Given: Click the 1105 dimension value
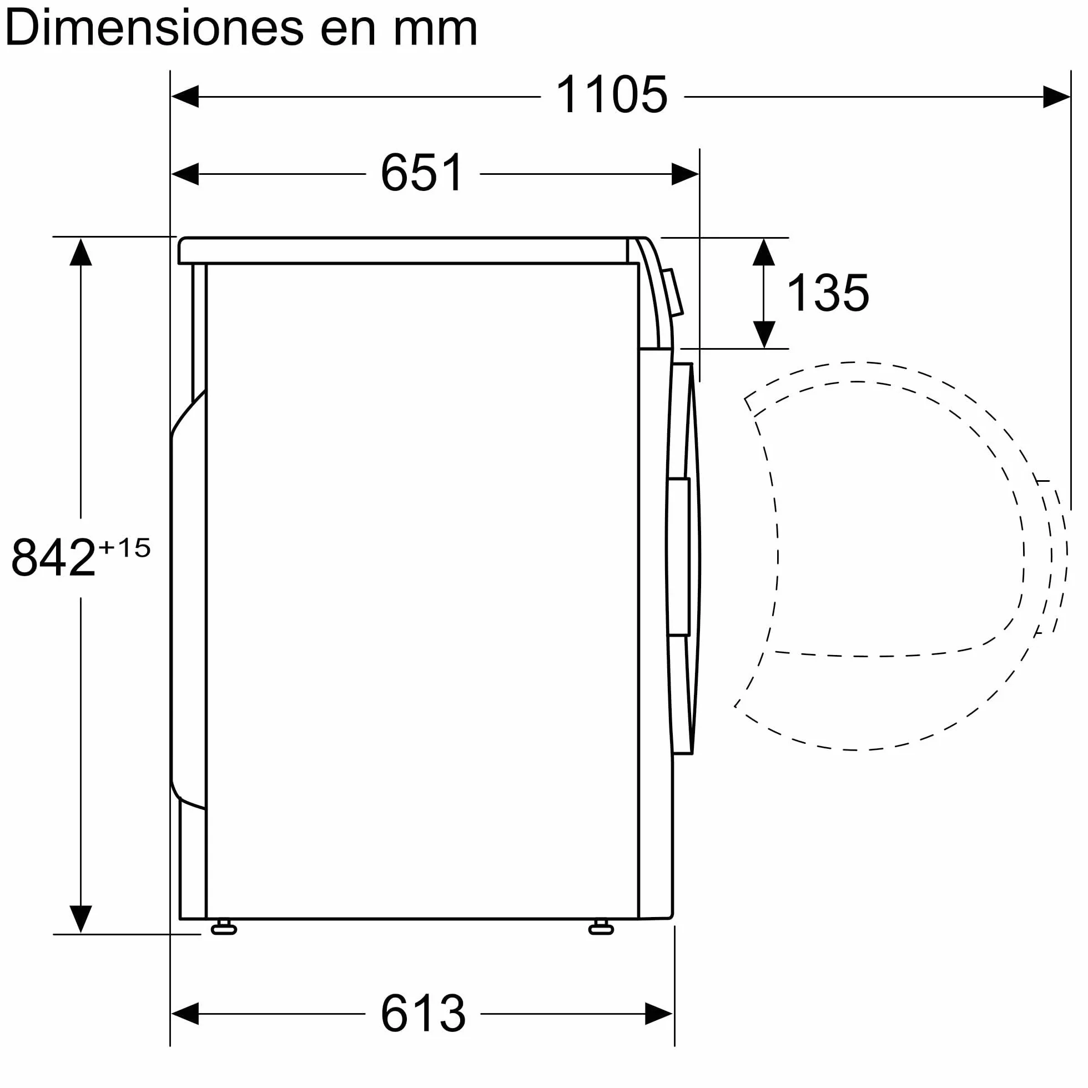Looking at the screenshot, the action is tap(612, 94).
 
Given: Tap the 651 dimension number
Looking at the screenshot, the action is tap(422, 172).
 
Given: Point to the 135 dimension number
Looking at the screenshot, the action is tap(828, 293).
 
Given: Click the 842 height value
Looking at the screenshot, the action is tap(53, 557).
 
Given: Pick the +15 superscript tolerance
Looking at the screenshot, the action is tap(124, 547).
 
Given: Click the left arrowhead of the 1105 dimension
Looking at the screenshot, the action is tap(185, 97).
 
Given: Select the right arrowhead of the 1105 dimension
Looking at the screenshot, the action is tap(1056, 97).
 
